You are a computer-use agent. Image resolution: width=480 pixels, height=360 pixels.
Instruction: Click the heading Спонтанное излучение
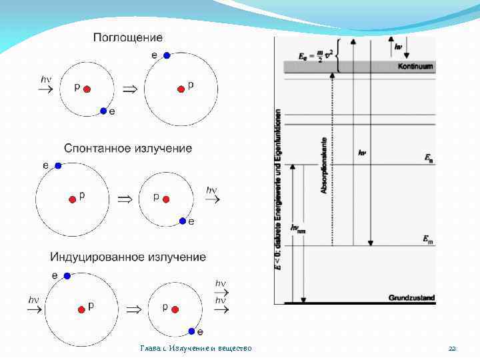128,147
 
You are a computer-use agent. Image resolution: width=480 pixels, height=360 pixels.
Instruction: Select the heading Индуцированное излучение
128,257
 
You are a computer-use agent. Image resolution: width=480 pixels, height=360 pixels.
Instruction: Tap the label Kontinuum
415,67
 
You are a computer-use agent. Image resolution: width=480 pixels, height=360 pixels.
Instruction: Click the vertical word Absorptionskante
325,166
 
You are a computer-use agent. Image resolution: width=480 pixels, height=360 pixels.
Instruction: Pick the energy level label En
428,158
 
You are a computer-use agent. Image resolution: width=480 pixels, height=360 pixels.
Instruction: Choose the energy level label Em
428,238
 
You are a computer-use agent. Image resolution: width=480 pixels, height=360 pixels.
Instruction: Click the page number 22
452,349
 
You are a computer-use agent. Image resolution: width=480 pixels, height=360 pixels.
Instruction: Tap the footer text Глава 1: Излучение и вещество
196,349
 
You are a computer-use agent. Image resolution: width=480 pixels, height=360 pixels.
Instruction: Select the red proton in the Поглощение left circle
87,89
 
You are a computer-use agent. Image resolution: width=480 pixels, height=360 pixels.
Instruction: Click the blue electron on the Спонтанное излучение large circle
59,165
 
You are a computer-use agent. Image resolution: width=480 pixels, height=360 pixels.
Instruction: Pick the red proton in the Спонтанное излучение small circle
166,199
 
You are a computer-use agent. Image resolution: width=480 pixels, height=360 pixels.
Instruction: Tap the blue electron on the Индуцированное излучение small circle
192,331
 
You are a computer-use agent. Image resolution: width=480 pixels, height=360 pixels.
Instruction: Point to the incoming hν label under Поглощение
46,79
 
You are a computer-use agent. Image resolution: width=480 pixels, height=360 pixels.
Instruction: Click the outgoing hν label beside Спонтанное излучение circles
211,190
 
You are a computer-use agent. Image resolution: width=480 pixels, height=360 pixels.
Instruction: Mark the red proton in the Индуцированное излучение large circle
81,308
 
